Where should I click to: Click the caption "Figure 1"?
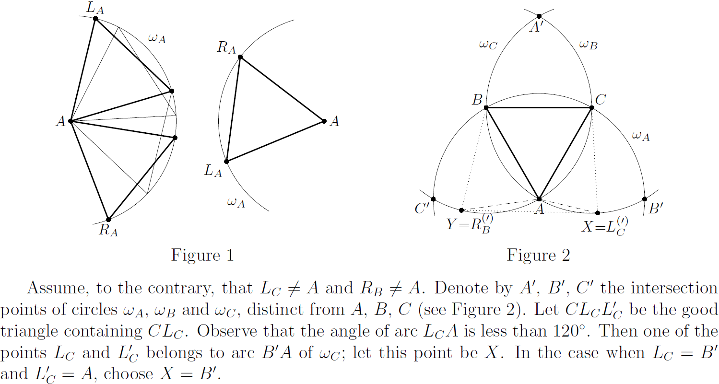pyautogui.click(x=202, y=256)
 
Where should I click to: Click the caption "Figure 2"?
pyautogui.click(x=538, y=256)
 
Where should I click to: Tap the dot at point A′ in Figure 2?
pyautogui.click(x=539, y=16)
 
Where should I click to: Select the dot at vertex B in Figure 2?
pyautogui.click(x=486, y=108)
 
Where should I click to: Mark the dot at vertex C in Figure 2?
pyautogui.click(x=592, y=108)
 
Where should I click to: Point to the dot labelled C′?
pyautogui.click(x=433, y=199)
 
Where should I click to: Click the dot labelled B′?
pyautogui.click(x=645, y=199)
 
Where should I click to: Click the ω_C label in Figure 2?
pyautogui.click(x=488, y=45)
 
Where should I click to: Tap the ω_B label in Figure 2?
pyautogui.click(x=589, y=45)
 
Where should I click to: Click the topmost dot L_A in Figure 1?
pyautogui.click(x=95, y=18)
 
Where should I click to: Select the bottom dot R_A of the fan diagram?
pyautogui.click(x=108, y=219)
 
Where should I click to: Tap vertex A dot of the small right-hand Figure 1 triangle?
pyautogui.click(x=324, y=121)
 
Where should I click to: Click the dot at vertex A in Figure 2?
pyautogui.click(x=539, y=199)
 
